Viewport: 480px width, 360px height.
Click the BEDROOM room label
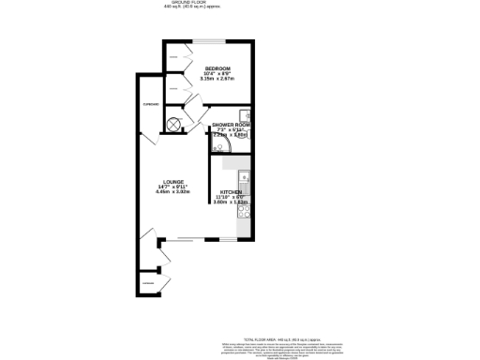click(x=217, y=67)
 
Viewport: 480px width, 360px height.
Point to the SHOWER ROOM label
click(x=230, y=125)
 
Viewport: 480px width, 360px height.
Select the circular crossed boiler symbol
click(x=174, y=124)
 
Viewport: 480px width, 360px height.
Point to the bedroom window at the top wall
click(x=209, y=40)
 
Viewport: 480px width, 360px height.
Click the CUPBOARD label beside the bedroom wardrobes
click(x=150, y=104)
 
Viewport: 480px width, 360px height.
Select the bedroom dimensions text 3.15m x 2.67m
click(x=217, y=80)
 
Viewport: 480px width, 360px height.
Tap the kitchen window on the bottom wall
click(x=228, y=241)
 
